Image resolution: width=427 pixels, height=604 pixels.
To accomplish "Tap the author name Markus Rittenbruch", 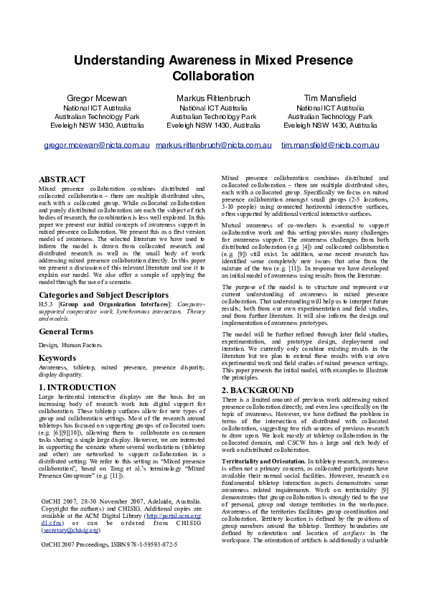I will (213, 98).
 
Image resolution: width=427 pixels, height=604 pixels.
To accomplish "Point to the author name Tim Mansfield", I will (330, 98).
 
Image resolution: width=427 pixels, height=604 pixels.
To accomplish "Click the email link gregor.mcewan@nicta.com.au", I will (97, 145).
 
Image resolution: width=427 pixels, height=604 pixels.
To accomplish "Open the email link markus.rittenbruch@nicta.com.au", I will (213, 145).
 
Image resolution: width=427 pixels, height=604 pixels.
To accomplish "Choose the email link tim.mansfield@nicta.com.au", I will (330, 145).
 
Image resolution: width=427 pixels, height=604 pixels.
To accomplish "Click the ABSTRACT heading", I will (62, 179).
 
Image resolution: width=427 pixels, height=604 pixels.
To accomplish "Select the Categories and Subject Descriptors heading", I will (104, 295).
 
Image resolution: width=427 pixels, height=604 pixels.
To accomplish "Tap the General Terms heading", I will (66, 331).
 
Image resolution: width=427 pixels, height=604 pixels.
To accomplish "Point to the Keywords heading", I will (57, 357).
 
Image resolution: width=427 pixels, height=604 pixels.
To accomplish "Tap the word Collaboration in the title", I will (213, 76).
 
